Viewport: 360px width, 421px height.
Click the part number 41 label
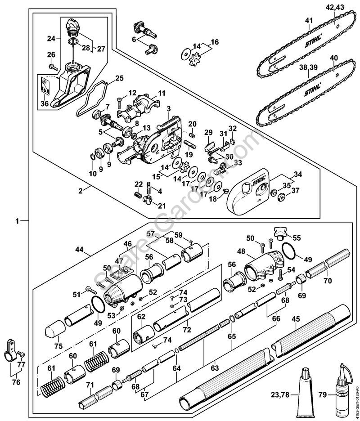(x=309, y=20)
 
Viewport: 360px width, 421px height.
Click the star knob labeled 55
(x=278, y=232)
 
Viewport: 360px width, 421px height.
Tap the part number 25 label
(x=119, y=79)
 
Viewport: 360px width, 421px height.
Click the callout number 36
(x=45, y=103)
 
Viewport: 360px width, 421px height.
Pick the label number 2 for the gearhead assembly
(x=81, y=191)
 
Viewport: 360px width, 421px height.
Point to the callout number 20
(x=192, y=124)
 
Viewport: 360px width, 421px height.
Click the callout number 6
(x=134, y=39)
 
